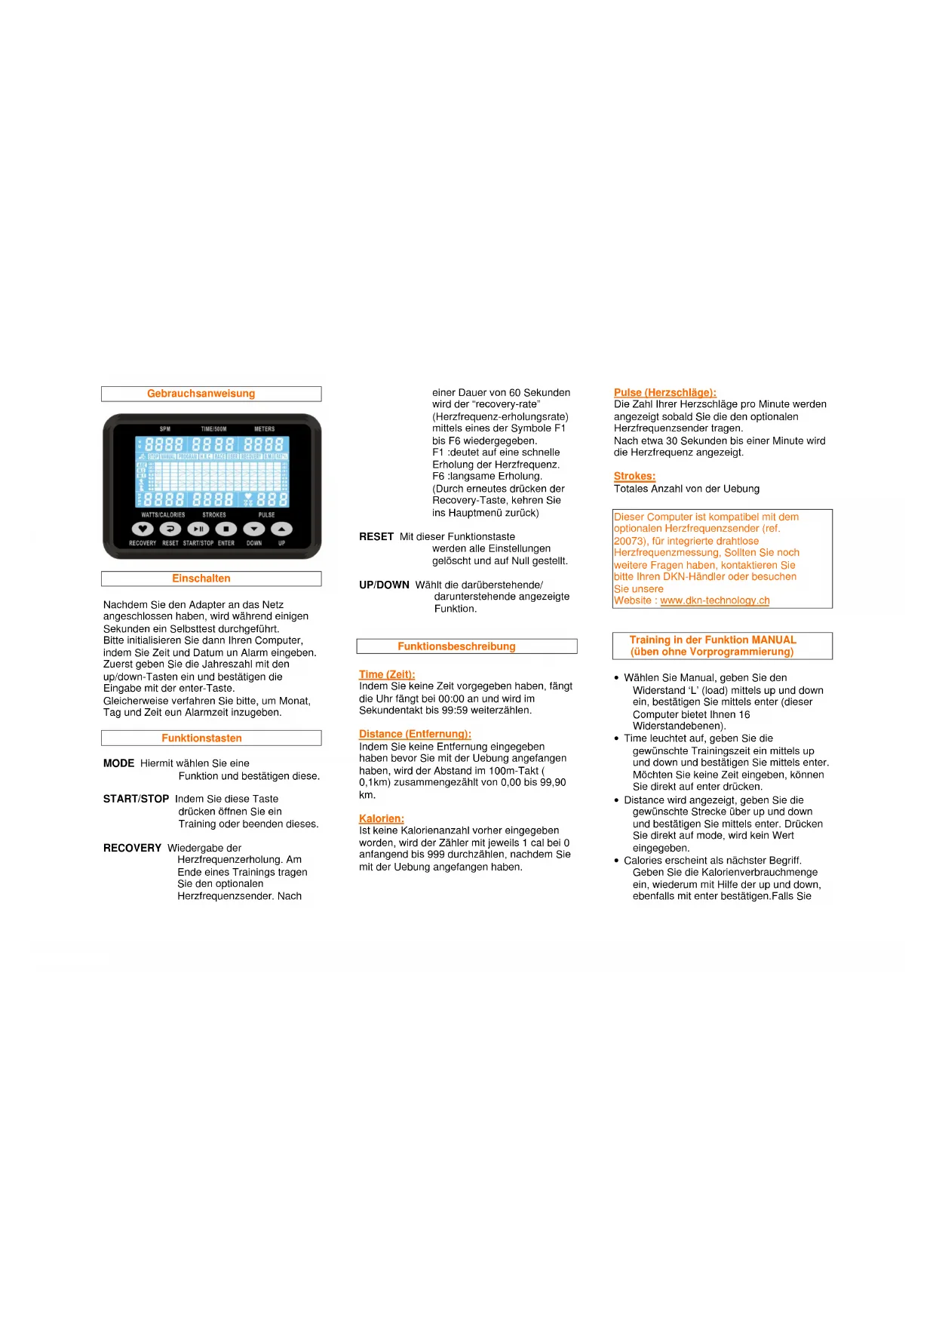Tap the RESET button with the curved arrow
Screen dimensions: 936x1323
pyautogui.click(x=170, y=529)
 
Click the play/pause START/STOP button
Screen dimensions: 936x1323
pyautogui.click(x=198, y=529)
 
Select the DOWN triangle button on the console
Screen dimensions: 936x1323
pyautogui.click(x=254, y=529)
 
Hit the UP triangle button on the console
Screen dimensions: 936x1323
pyautogui.click(x=281, y=529)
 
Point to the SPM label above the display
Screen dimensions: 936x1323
pyautogui.click(x=165, y=429)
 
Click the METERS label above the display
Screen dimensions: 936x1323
pyautogui.click(x=264, y=429)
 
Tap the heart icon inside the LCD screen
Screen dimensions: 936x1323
pyautogui.click(x=249, y=498)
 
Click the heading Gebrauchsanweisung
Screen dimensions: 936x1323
pyautogui.click(x=201, y=394)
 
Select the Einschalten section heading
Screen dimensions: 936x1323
pyautogui.click(x=201, y=579)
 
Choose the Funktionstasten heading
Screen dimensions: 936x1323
pyautogui.click(x=201, y=738)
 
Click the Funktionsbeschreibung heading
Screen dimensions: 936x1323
pyautogui.click(x=456, y=646)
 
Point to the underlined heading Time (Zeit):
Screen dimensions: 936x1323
pyautogui.click(x=387, y=674)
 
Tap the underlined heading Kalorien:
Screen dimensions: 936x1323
pyautogui.click(x=382, y=818)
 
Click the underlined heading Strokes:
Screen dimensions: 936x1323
pyautogui.click(x=634, y=476)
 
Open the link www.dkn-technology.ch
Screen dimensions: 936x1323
pyautogui.click(x=715, y=600)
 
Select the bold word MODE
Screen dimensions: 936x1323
pyautogui.click(x=118, y=763)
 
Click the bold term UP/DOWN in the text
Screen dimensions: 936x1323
pyautogui.click(x=384, y=585)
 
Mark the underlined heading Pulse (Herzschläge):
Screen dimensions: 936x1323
pyautogui.click(x=664, y=392)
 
